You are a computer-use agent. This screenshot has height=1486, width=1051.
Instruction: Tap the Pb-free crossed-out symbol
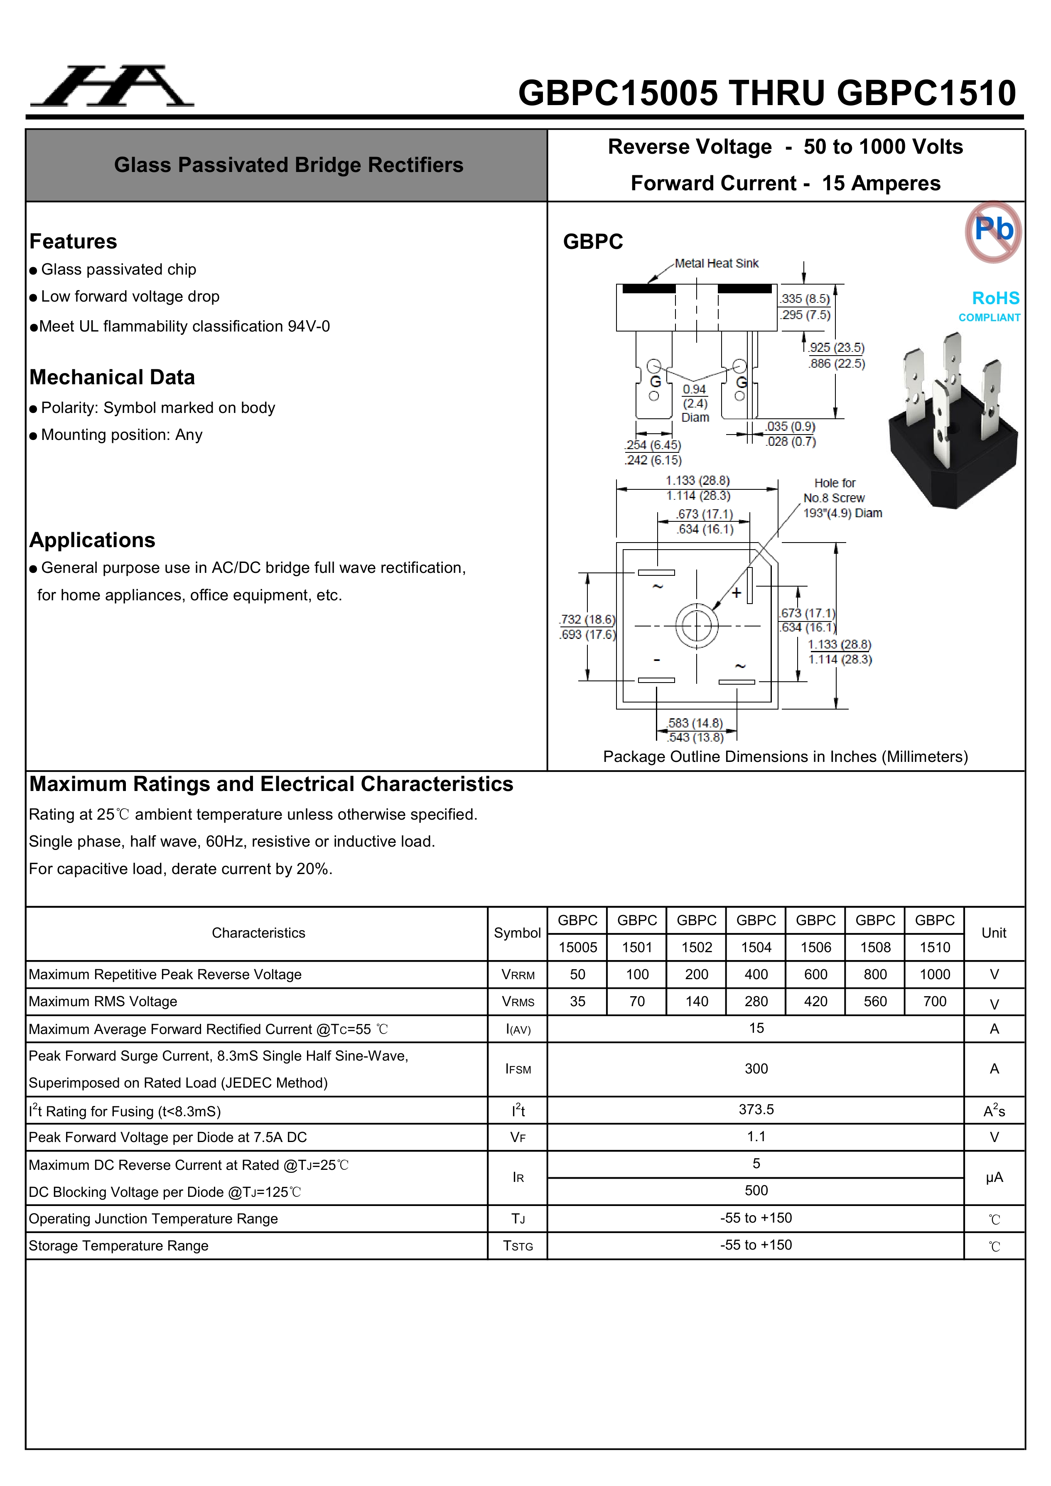click(993, 231)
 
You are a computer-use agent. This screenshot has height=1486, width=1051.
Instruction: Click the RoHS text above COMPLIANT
click(995, 298)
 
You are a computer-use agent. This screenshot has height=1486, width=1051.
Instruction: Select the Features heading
click(73, 241)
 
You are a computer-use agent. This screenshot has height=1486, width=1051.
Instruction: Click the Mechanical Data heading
click(112, 377)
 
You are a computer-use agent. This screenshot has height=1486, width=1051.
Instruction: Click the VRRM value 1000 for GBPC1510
click(935, 974)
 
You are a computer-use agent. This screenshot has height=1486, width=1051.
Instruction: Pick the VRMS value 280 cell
click(756, 1001)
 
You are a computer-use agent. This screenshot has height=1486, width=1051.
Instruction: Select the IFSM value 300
click(756, 1068)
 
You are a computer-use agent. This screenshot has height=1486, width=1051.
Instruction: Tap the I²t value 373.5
click(756, 1109)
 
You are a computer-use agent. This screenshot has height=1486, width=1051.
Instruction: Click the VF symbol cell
click(518, 1137)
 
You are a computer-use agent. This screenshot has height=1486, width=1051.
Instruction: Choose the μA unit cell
click(994, 1177)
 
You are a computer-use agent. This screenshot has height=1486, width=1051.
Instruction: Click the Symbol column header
click(517, 933)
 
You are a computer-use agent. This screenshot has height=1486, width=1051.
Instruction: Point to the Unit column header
click(994, 933)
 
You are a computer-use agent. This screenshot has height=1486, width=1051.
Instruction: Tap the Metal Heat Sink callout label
click(717, 263)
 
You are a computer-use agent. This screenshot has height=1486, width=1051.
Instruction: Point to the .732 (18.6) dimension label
click(587, 619)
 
